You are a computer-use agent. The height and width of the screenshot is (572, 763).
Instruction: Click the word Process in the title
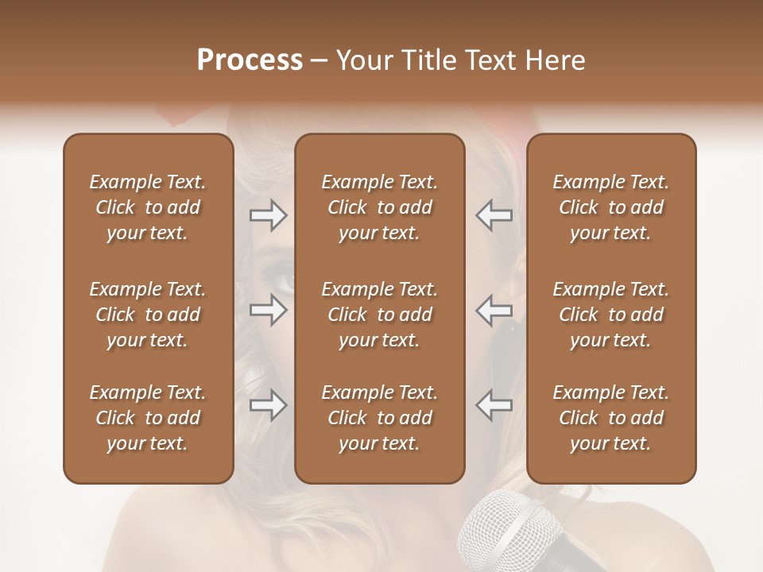click(x=250, y=60)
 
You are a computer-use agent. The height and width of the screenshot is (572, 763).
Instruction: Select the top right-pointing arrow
click(x=268, y=215)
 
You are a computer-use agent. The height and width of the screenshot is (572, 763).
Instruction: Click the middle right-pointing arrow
click(x=268, y=310)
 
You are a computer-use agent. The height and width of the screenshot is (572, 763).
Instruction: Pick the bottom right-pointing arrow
click(x=268, y=405)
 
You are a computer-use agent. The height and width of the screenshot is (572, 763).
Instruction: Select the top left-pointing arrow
click(x=494, y=215)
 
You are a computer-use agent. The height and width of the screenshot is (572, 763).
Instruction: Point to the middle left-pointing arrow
click(x=494, y=310)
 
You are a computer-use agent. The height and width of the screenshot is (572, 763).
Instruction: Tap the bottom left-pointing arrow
click(x=494, y=405)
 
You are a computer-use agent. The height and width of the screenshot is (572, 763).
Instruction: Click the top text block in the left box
click(x=148, y=207)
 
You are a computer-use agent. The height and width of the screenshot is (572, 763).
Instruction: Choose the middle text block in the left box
click(x=148, y=315)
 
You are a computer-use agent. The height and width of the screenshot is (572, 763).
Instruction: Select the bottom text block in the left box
click(x=148, y=418)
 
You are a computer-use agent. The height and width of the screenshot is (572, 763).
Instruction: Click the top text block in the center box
click(x=379, y=207)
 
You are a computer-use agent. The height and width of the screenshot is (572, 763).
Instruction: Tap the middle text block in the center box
click(x=379, y=315)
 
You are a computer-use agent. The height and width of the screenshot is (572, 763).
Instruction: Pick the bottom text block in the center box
click(x=379, y=418)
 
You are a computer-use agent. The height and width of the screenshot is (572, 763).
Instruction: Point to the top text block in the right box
click(x=610, y=207)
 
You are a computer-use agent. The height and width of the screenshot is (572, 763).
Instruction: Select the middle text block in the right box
click(x=610, y=315)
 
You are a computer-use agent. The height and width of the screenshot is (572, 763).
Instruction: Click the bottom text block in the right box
click(x=610, y=418)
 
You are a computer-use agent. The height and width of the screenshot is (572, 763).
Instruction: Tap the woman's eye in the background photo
click(x=281, y=280)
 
